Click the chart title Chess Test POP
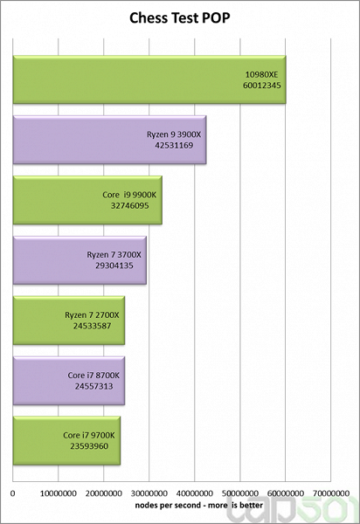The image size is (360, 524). tap(180, 17)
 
